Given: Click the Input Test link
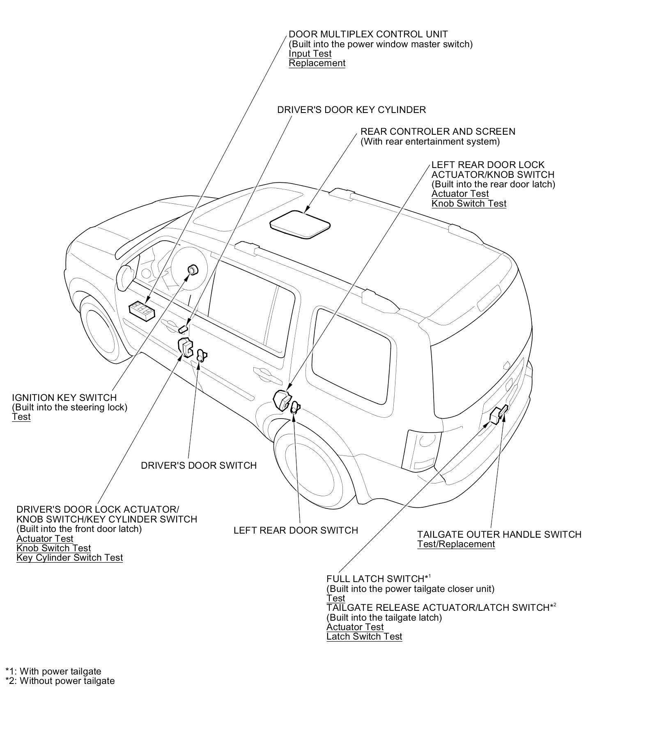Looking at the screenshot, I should click(x=310, y=54).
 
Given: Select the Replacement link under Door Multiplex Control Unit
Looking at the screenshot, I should click(x=317, y=63).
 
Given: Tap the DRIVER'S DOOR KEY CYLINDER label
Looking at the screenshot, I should click(x=351, y=110).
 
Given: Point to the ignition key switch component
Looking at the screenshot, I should click(x=192, y=270).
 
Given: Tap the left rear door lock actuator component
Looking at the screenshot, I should click(x=282, y=400).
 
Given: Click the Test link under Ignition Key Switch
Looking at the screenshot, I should click(x=21, y=417).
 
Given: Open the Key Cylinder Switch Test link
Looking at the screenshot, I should click(x=69, y=558).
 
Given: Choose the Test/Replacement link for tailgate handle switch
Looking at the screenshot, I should click(x=456, y=544).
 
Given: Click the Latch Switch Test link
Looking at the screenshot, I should click(x=364, y=637).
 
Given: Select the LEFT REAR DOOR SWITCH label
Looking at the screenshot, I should click(x=296, y=530).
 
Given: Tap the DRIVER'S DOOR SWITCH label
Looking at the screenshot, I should click(x=199, y=465).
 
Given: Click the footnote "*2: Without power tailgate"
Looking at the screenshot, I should click(x=60, y=681).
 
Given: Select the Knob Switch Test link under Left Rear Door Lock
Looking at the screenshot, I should click(x=469, y=204).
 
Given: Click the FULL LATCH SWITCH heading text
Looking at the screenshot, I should click(x=375, y=579).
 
